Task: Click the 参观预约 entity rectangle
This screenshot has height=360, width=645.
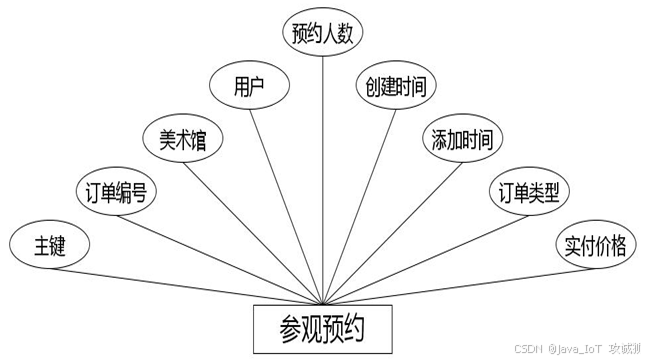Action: pos(322,329)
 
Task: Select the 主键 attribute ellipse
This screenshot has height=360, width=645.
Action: pos(49,244)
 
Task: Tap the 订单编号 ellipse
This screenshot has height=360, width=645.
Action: pos(116,191)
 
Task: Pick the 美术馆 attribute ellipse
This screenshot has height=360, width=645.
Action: pos(183,138)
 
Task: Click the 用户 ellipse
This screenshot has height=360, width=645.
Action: pos(249,85)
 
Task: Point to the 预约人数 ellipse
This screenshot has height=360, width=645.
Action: pos(322,33)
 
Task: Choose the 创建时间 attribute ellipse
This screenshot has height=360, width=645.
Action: pos(396,85)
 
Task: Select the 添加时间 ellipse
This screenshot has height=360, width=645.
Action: pos(462,138)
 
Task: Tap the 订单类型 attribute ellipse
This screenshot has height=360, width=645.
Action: pos(529,191)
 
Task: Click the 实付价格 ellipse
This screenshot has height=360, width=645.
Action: pos(596,244)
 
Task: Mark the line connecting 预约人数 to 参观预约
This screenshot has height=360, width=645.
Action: pos(322,181)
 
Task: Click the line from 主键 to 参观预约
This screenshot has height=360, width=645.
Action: pos(186,287)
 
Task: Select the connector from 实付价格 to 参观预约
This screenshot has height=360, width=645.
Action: pos(459,287)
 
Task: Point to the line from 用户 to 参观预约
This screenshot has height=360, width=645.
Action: pos(286,207)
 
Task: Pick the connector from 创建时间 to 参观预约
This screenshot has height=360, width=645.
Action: pos(359,207)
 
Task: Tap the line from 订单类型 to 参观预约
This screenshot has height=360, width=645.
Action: pos(426,260)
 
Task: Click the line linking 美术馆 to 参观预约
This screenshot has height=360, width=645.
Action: pos(253,234)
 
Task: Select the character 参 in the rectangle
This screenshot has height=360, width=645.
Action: pos(290,330)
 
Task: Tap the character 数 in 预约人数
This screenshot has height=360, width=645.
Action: pos(345,33)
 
